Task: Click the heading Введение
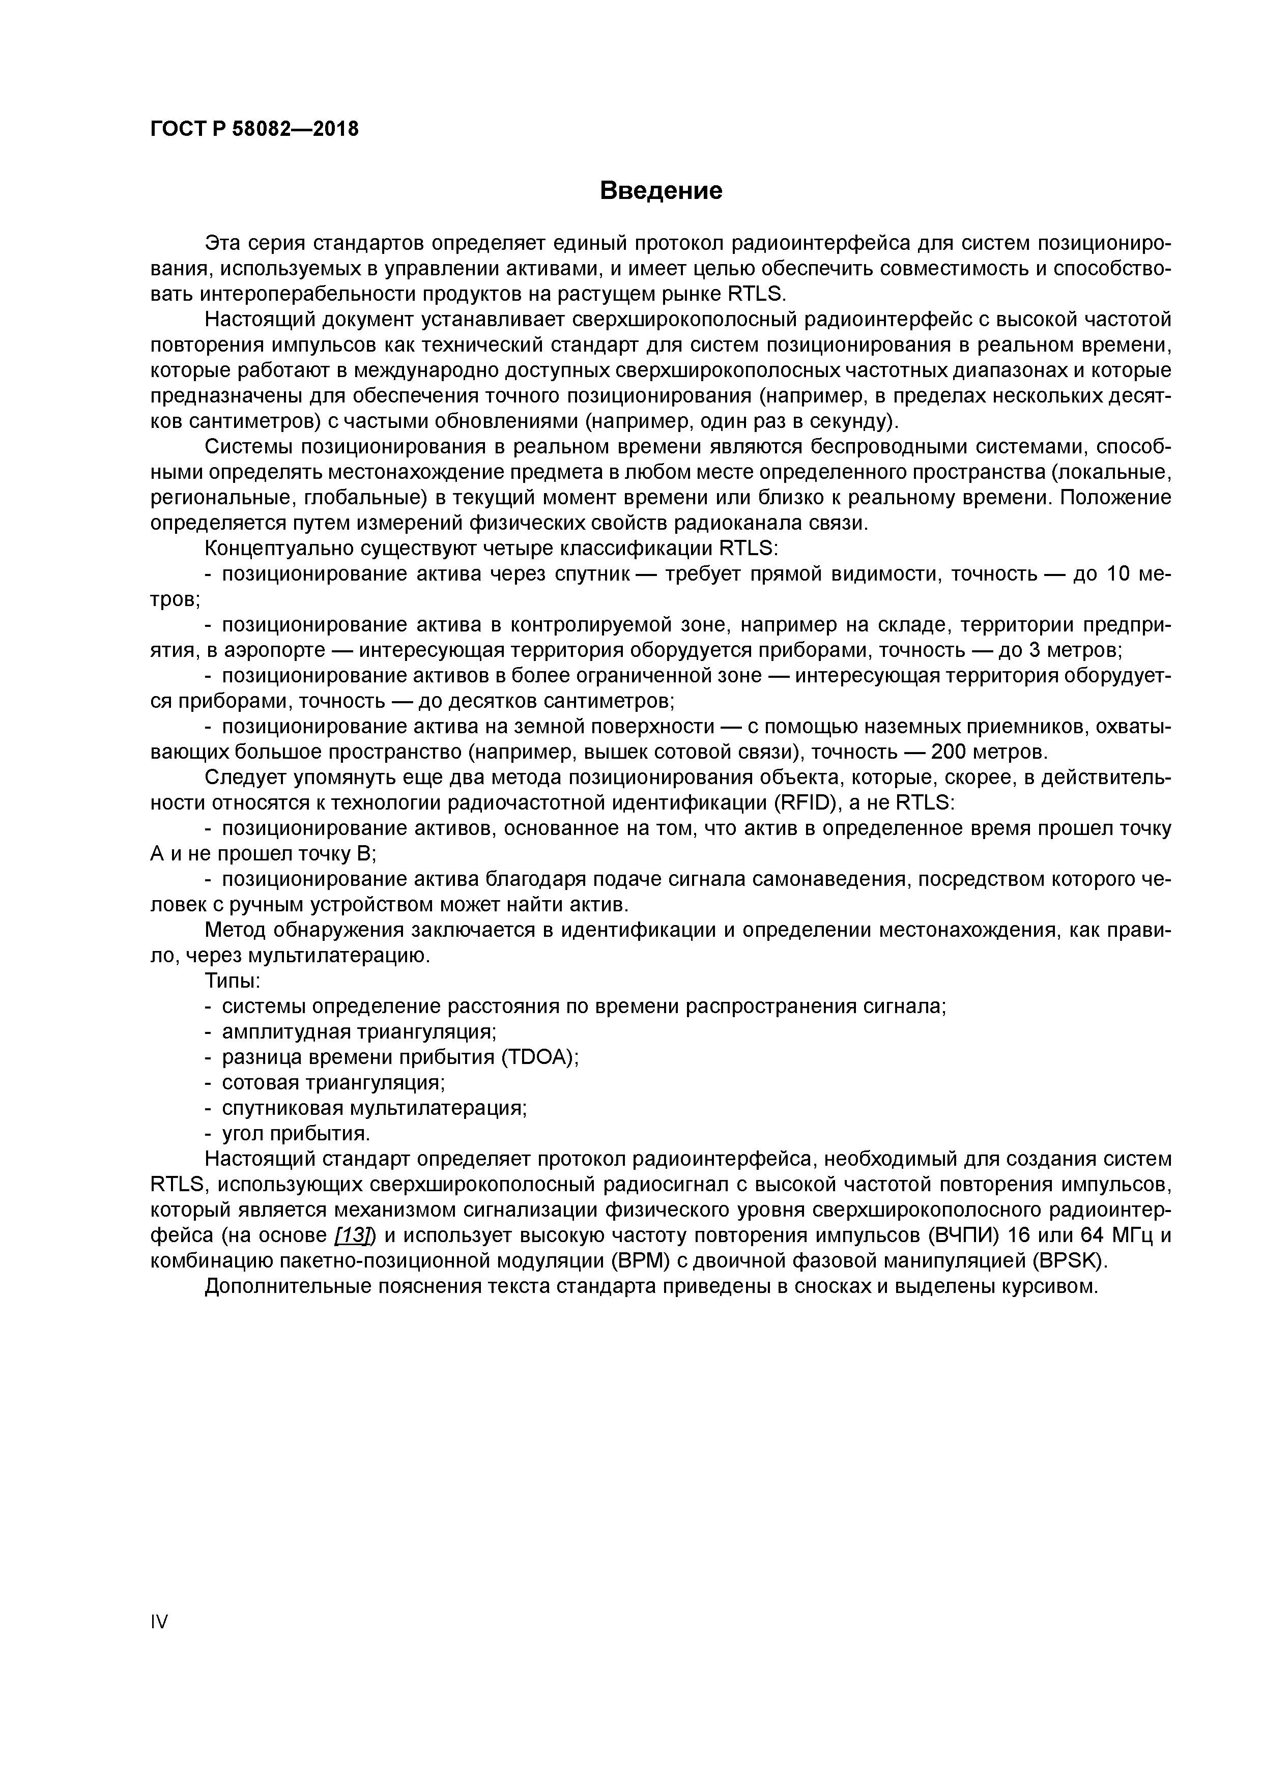661,190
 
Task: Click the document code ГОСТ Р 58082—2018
254,129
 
